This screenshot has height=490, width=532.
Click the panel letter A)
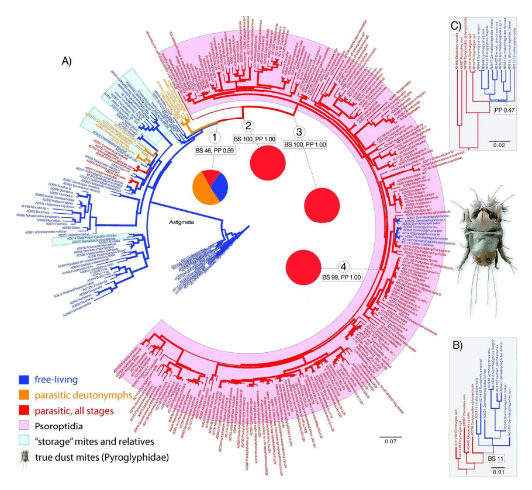tap(70, 60)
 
